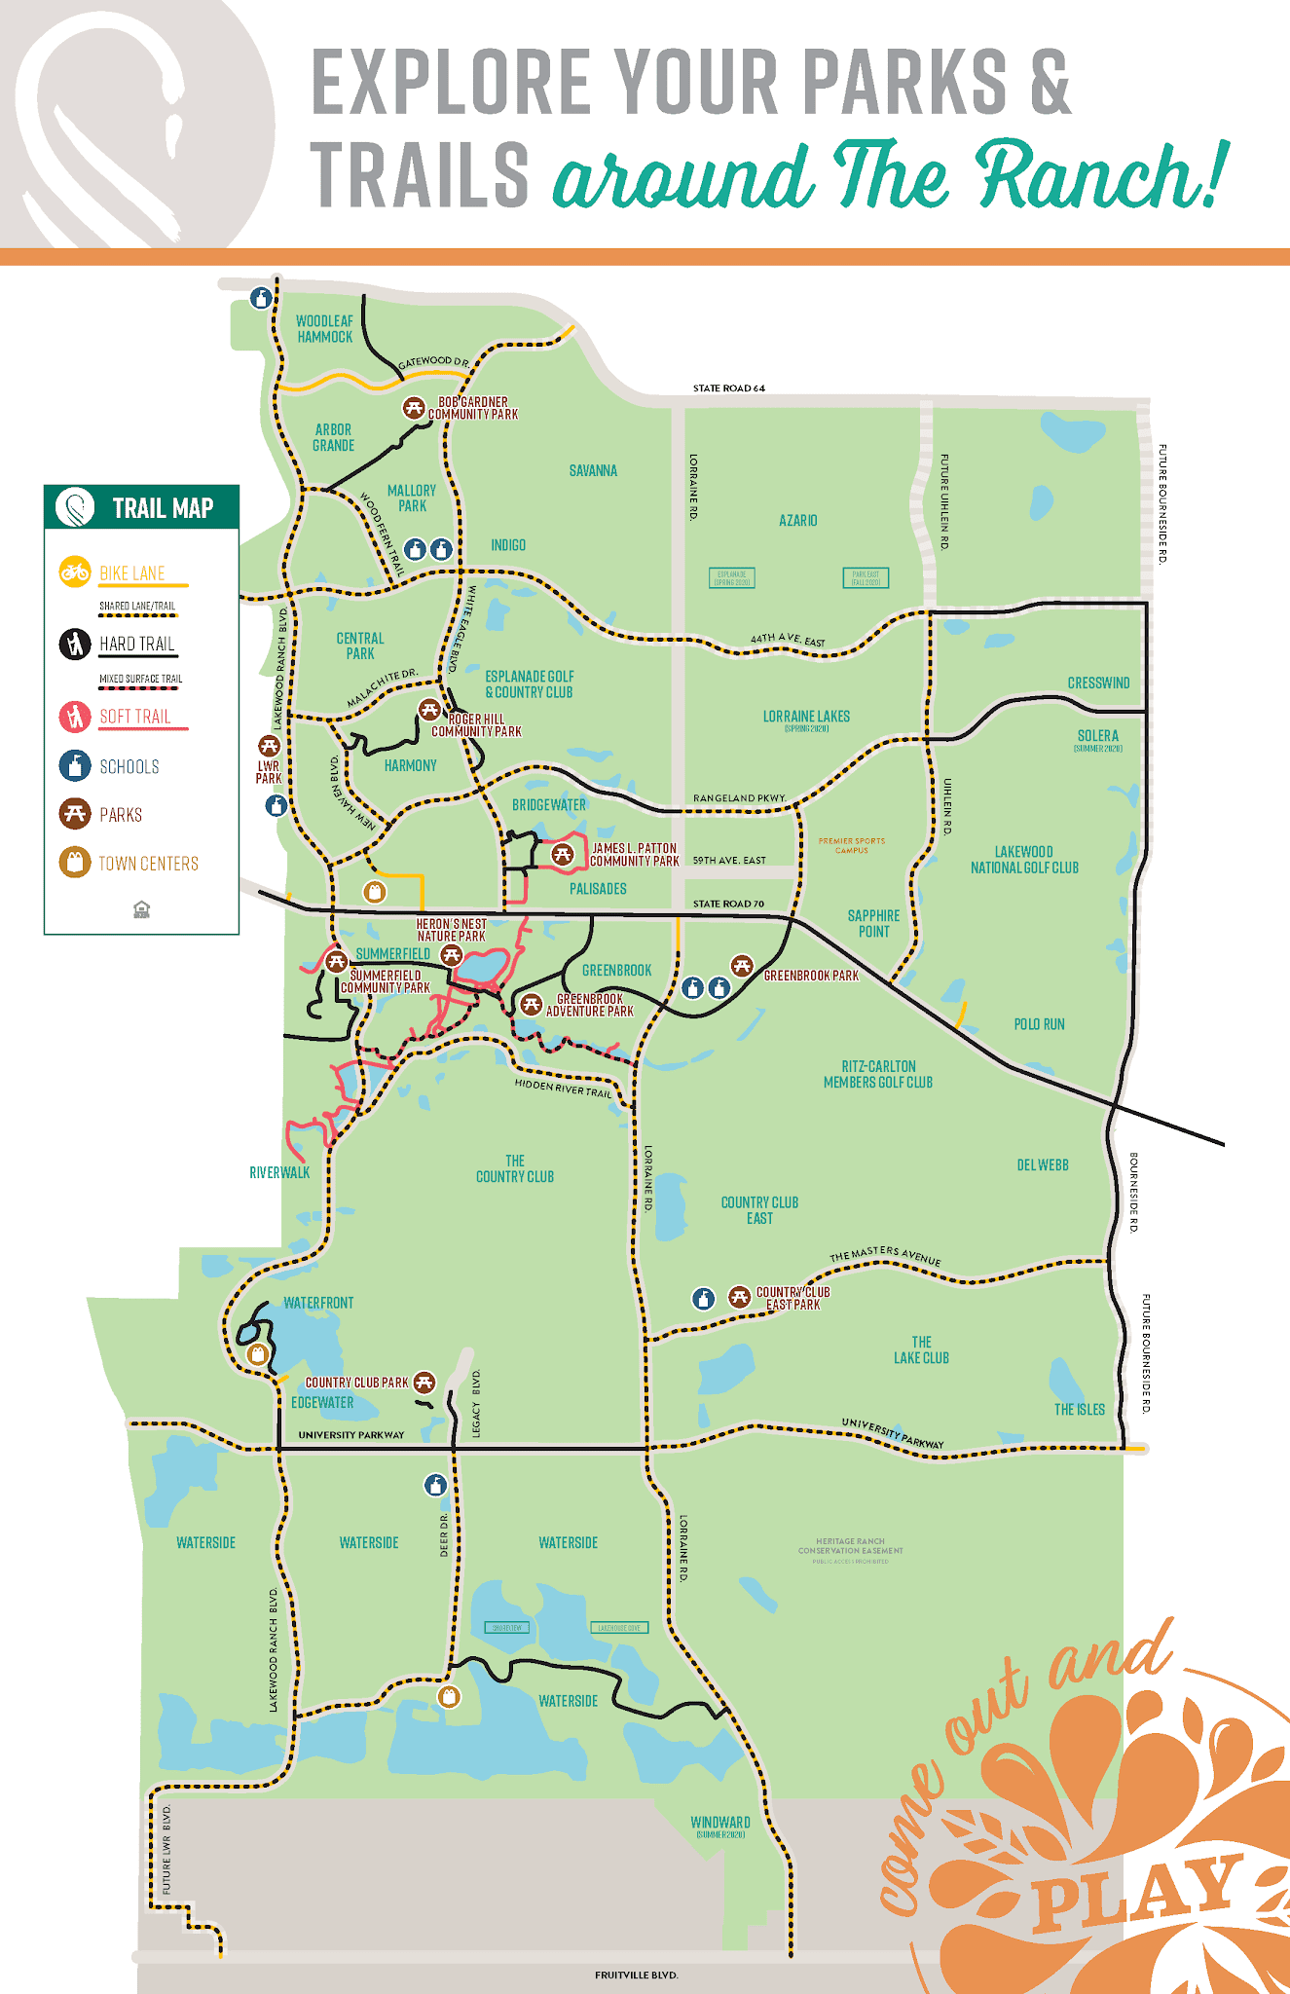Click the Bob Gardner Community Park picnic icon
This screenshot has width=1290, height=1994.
point(414,408)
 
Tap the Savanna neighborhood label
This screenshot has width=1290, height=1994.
point(593,471)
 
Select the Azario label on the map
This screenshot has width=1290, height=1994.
point(797,521)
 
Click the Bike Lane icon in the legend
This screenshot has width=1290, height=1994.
point(75,572)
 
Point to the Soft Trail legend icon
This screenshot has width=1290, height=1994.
point(75,717)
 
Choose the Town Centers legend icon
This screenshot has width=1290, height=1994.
point(75,863)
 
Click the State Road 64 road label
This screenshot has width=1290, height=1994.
point(728,388)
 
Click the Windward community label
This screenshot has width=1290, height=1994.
point(719,1823)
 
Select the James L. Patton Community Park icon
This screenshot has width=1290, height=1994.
point(562,855)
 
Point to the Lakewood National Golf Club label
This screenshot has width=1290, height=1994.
point(1024,860)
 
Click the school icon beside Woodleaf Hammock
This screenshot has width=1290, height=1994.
point(261,298)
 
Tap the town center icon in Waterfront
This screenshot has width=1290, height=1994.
point(258,1354)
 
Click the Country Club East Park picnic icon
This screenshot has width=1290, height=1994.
point(740,1297)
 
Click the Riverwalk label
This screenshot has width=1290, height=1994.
point(279,1173)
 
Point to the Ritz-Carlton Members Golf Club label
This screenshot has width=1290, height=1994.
point(877,1074)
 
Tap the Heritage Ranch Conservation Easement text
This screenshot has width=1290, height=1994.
point(850,1546)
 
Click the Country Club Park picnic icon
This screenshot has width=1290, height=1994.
point(424,1382)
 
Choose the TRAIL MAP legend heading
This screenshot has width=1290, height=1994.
point(162,508)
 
